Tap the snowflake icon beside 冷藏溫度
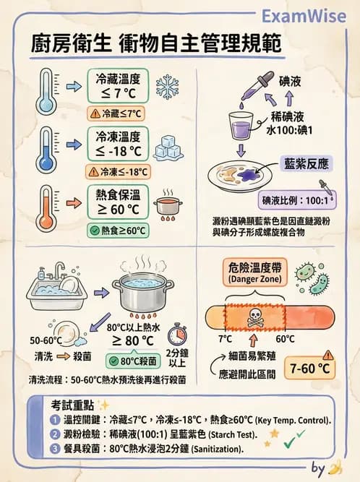167,85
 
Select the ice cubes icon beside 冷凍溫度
168,147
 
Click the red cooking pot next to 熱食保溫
168,205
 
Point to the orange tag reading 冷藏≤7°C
116,113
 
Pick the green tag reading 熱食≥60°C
117,231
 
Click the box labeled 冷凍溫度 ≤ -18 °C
117,144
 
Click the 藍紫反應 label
304,165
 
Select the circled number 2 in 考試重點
56,434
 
